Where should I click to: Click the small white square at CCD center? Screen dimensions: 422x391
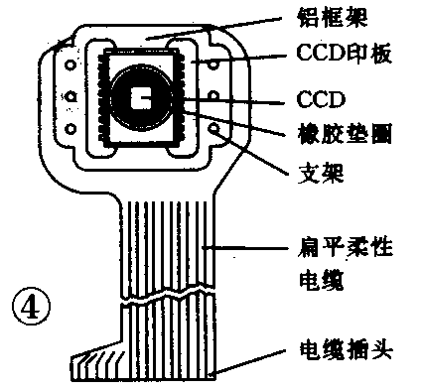tap(144, 99)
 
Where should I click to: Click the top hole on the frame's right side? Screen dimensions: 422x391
tap(211, 64)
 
